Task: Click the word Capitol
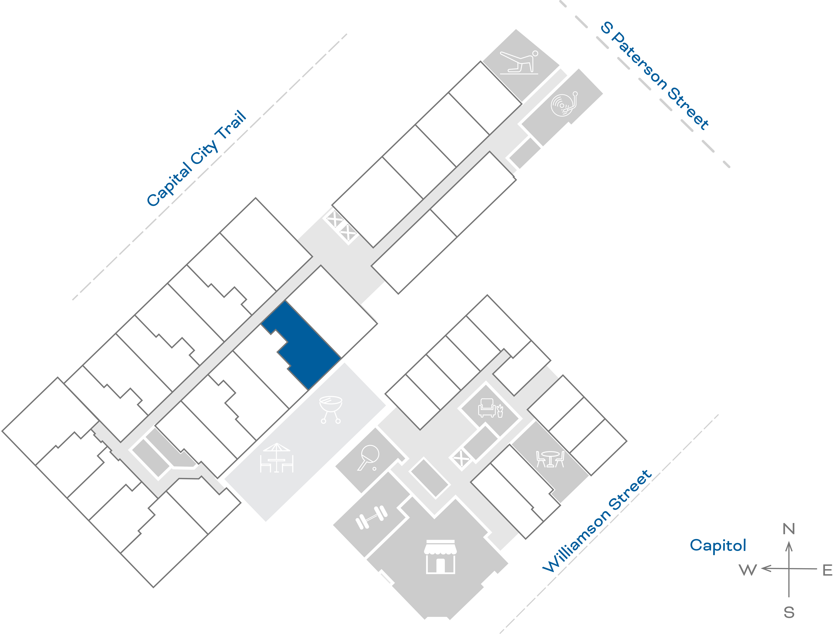(718, 545)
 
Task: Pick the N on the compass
(788, 529)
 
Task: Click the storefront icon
(440, 557)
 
